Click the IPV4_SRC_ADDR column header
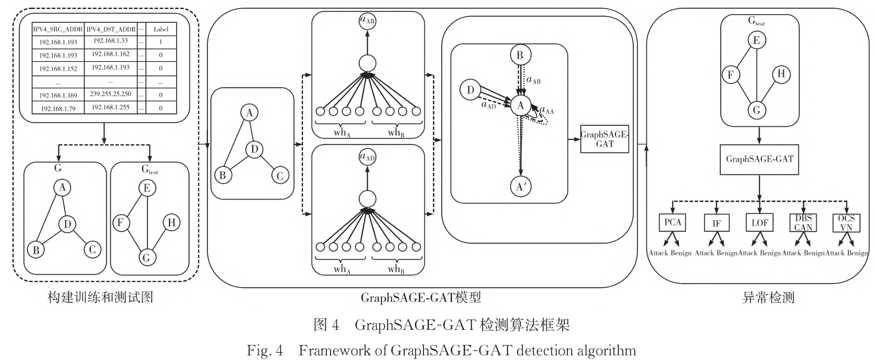58,30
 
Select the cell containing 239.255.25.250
110,95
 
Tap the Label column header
161,30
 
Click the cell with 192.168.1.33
110,41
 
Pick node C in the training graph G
92,249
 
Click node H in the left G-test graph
171,223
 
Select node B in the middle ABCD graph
222,175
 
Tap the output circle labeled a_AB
367,21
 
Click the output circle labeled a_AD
367,157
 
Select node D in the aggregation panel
470,90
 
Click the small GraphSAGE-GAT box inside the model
604,139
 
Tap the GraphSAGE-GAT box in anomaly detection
759,159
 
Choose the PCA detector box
672,222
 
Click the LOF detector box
760,222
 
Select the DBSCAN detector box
803,222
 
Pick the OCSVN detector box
846,222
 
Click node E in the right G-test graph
756,41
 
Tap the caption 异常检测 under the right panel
767,298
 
